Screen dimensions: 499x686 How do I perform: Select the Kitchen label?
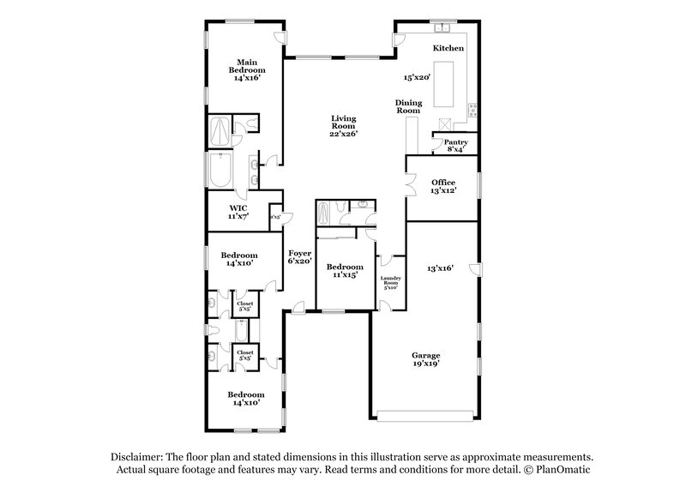point(448,49)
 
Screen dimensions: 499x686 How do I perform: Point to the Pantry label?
point(454,142)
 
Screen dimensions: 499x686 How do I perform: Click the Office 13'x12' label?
point(443,186)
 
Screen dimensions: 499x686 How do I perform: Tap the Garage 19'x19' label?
point(425,359)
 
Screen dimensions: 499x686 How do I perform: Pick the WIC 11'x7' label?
point(238,212)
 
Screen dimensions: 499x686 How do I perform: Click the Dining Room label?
point(407,107)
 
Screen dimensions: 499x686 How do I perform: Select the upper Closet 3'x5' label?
point(244,305)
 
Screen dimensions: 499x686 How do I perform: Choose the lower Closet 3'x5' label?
point(245,355)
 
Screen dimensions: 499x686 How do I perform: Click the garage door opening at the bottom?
point(424,416)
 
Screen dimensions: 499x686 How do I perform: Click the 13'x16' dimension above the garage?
point(440,268)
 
